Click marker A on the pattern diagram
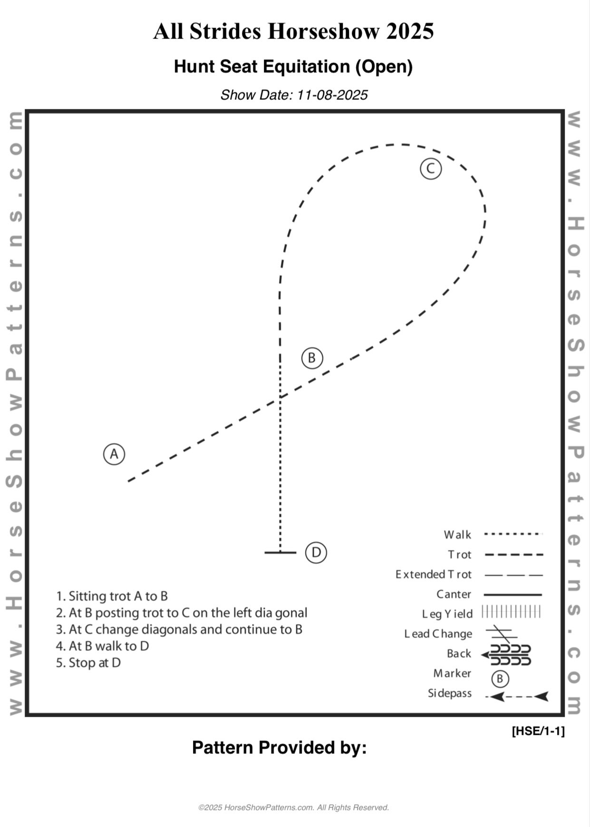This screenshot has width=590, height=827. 114,454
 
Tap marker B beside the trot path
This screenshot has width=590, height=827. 312,358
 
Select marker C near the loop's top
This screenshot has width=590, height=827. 431,169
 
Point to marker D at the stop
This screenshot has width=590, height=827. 316,552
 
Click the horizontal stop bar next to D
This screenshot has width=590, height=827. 280,552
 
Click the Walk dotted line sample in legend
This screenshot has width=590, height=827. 513,534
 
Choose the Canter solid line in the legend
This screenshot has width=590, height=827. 513,595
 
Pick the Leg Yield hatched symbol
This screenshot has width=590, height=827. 512,612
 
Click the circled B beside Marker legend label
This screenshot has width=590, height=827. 500,679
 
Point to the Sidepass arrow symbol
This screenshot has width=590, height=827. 517,697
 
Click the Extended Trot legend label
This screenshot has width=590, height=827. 433,575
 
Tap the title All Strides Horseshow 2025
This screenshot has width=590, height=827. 293,32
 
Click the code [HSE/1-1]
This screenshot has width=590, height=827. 538,731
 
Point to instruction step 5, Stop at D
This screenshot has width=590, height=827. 88,663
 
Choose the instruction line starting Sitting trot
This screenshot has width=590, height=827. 112,596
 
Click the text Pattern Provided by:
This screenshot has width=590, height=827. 279,748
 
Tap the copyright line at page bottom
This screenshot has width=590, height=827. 294,808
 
